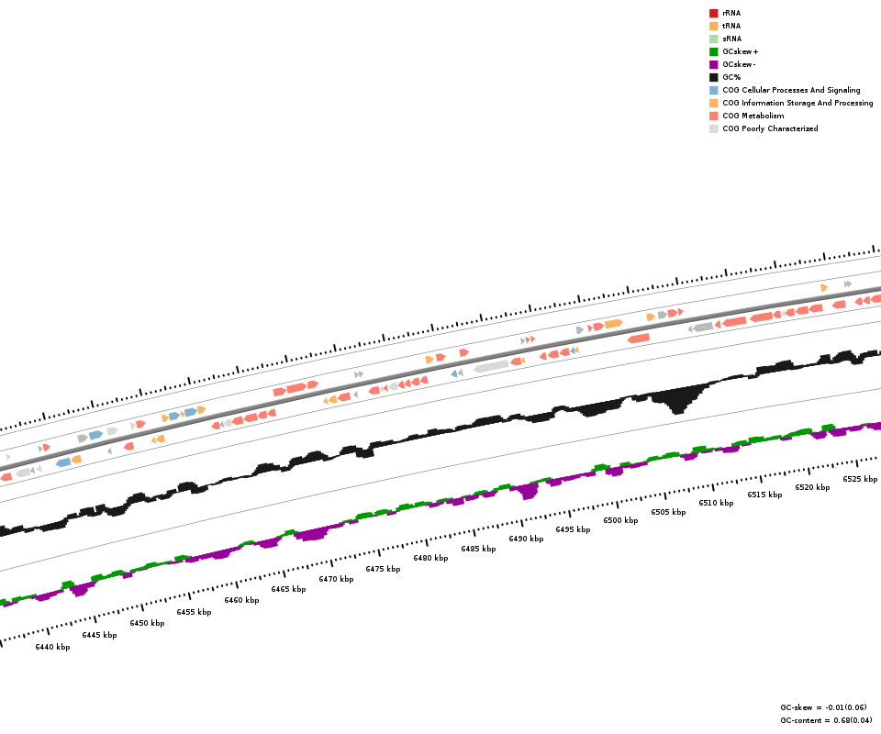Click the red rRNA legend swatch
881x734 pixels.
(713, 13)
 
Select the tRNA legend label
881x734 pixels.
(731, 26)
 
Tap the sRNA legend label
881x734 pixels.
(731, 39)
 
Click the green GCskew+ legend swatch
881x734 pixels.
(713, 51)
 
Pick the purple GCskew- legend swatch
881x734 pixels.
(713, 64)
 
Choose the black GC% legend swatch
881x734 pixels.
(713, 77)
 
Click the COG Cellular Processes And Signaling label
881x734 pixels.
(791, 90)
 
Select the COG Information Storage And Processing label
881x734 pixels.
(797, 103)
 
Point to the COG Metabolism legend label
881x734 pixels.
(753, 116)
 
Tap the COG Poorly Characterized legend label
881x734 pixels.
(770, 128)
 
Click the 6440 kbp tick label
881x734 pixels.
(52, 647)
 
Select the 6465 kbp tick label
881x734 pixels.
(288, 589)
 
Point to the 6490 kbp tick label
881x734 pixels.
(526, 539)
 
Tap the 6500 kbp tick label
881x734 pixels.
(620, 520)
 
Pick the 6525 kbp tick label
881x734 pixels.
(860, 479)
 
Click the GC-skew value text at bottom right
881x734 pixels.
(823, 707)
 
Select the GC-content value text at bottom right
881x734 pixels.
(826, 720)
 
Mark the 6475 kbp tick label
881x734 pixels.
(383, 569)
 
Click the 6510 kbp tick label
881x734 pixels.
(716, 503)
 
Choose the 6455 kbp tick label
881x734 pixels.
(194, 612)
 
